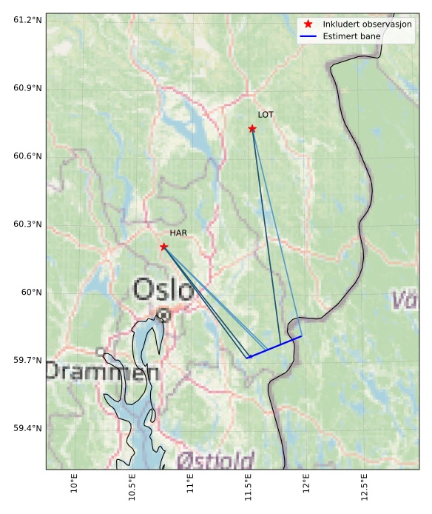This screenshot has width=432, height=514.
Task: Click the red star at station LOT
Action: click(252, 129)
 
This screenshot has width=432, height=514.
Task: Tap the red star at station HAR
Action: click(163, 247)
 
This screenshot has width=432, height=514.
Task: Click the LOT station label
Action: click(266, 115)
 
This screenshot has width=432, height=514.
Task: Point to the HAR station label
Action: click(178, 233)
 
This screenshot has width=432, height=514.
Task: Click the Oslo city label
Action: click(164, 289)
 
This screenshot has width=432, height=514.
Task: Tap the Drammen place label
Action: click(102, 371)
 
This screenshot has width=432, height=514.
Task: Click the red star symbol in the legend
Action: click(308, 24)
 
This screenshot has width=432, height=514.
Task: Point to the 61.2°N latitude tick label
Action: click(27, 19)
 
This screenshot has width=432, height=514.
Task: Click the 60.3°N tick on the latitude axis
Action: click(27, 224)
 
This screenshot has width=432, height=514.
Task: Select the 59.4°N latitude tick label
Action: click(27, 428)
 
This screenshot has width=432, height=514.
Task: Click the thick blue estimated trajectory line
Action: click(274, 347)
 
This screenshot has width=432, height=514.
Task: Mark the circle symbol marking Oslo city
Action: click(163, 315)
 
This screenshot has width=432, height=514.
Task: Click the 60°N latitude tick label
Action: click(31, 292)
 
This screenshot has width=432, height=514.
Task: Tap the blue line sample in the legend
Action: click(308, 36)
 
